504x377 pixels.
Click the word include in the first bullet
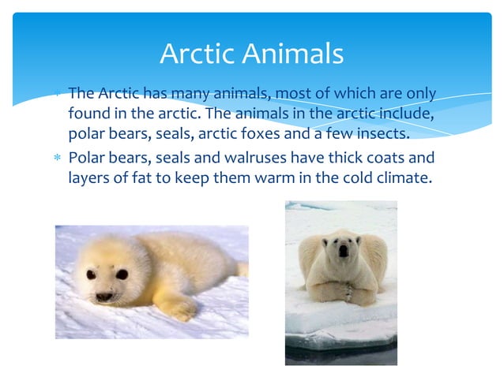(407, 112)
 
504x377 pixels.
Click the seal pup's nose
(103, 296)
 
